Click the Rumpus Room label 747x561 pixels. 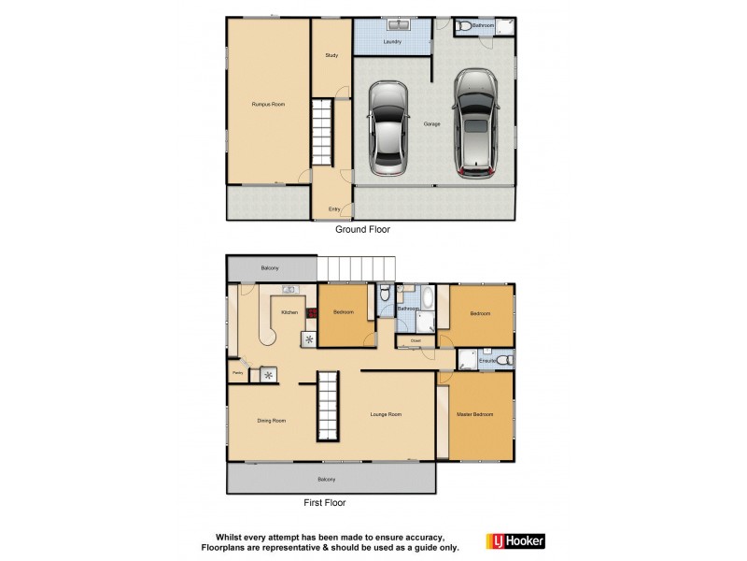(267, 105)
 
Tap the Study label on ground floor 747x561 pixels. (331, 56)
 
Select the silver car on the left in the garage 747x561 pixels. (388, 128)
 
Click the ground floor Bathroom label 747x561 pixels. (483, 26)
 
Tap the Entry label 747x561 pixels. (333, 209)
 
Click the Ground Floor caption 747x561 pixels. (362, 229)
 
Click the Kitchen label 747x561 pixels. (289, 312)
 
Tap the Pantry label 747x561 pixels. (237, 372)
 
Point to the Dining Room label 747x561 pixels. (272, 421)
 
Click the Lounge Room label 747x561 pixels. (386, 414)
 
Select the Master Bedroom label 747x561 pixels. (474, 414)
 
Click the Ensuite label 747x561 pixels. (486, 359)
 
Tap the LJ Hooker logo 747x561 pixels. (514, 541)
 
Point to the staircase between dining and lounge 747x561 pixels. (327, 417)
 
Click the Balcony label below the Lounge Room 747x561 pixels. (327, 480)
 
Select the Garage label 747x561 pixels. (431, 123)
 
